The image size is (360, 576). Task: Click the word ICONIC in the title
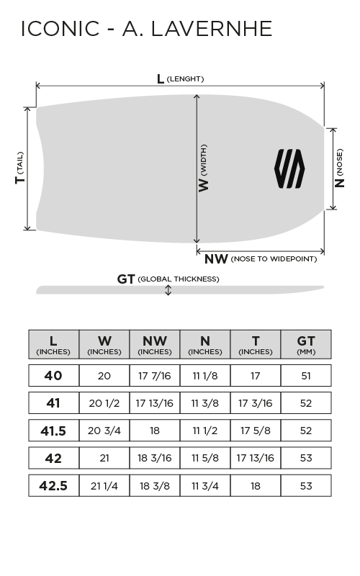(x=60, y=29)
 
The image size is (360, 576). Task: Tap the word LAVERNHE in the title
(x=212, y=29)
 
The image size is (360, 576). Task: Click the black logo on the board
(x=289, y=168)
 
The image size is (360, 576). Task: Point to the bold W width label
(x=203, y=185)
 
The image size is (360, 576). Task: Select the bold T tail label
(x=20, y=179)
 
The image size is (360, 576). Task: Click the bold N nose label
(x=339, y=183)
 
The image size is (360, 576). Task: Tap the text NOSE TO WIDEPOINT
(x=274, y=259)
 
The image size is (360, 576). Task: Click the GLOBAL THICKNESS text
(x=179, y=279)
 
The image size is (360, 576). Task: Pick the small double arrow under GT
(x=168, y=290)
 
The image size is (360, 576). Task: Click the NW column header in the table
(x=155, y=344)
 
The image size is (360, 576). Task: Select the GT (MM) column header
(x=306, y=344)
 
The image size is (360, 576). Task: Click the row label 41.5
(x=53, y=431)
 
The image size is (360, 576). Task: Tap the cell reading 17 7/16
(x=155, y=376)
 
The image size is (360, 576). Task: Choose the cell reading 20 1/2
(x=104, y=403)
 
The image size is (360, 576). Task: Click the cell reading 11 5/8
(x=205, y=458)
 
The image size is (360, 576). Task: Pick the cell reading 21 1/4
(x=104, y=486)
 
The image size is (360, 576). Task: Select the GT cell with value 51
(x=306, y=376)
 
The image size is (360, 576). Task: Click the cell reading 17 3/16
(x=256, y=403)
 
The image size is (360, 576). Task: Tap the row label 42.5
(x=53, y=485)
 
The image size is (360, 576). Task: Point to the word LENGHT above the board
(x=185, y=79)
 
